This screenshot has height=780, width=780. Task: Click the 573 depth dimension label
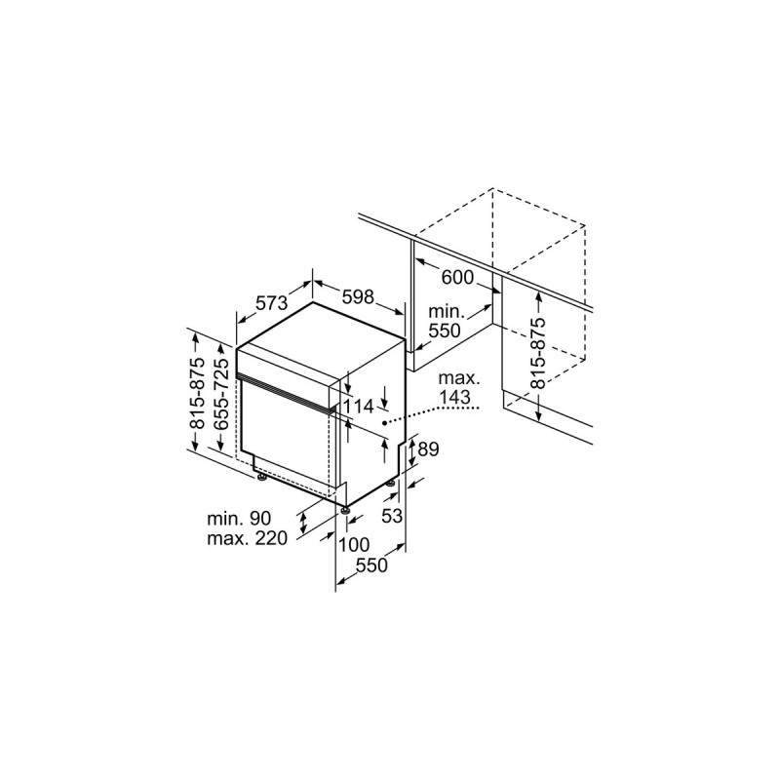272,303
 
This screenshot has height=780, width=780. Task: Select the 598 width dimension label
358,297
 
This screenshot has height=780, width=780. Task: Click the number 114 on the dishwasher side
359,407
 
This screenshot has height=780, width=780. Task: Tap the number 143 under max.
454,397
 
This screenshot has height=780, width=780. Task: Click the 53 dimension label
392,516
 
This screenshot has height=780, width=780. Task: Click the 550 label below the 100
370,565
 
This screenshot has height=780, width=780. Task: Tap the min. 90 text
239,519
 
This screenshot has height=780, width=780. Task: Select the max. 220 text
246,539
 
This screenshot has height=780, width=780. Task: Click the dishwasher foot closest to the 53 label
392,485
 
